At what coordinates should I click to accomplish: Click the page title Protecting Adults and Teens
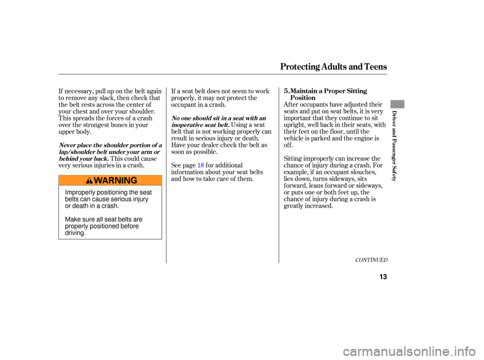pos(333,67)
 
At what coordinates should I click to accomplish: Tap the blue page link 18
pos(201,165)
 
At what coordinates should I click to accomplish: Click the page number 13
pos(383,277)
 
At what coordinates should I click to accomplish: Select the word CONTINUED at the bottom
pos(371,260)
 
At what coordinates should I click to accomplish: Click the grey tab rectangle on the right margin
pos(397,104)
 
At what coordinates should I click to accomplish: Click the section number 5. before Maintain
pos(287,91)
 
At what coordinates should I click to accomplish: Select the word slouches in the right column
pos(365,172)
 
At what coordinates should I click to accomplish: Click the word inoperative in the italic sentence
pos(186,125)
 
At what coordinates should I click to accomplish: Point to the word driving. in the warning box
pos(75,233)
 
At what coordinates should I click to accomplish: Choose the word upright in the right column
pos(294,125)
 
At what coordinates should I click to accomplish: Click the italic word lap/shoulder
pos(77,152)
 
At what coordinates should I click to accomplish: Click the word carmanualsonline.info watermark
pos(409,351)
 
